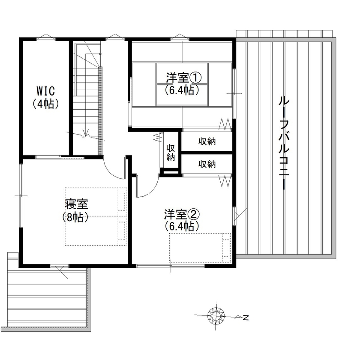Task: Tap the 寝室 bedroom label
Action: (x=77, y=204)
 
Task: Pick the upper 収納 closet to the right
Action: (x=207, y=142)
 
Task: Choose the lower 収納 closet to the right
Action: (x=207, y=164)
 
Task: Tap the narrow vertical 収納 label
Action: (x=171, y=152)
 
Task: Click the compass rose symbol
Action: (x=216, y=317)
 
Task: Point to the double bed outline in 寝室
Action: (x=96, y=216)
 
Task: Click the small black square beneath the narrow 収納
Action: (x=171, y=172)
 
